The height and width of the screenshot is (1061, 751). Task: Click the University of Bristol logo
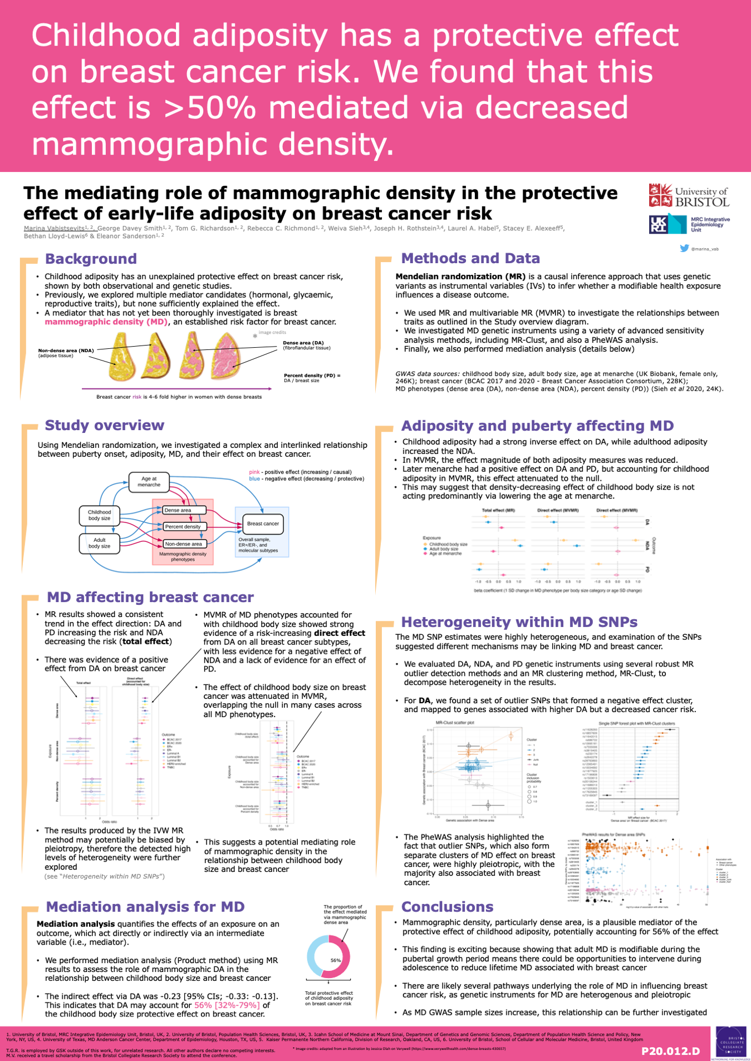point(689,196)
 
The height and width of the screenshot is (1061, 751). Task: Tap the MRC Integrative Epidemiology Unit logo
point(689,224)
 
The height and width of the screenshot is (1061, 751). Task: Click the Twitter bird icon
point(684,248)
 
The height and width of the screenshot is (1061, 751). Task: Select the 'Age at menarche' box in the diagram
point(149,482)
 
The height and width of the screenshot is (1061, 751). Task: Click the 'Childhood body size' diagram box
point(99,515)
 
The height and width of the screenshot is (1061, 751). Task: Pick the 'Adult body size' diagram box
point(99,543)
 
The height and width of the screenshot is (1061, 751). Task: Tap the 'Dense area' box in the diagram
point(184,510)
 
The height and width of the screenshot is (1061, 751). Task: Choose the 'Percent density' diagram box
point(184,526)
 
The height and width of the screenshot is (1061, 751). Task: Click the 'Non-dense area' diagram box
point(184,544)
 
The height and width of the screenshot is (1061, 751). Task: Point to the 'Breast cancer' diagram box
point(263,524)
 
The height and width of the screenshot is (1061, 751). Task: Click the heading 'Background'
point(91,259)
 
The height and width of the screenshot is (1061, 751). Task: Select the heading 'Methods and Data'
point(470,258)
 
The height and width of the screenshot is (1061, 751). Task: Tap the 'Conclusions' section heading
point(447,907)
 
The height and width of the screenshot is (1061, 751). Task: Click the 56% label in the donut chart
point(336,960)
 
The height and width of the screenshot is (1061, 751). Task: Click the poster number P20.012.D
point(670,1051)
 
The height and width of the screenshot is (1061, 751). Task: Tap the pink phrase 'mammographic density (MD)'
point(106,322)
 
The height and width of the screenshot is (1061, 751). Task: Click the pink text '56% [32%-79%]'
point(227,1005)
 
